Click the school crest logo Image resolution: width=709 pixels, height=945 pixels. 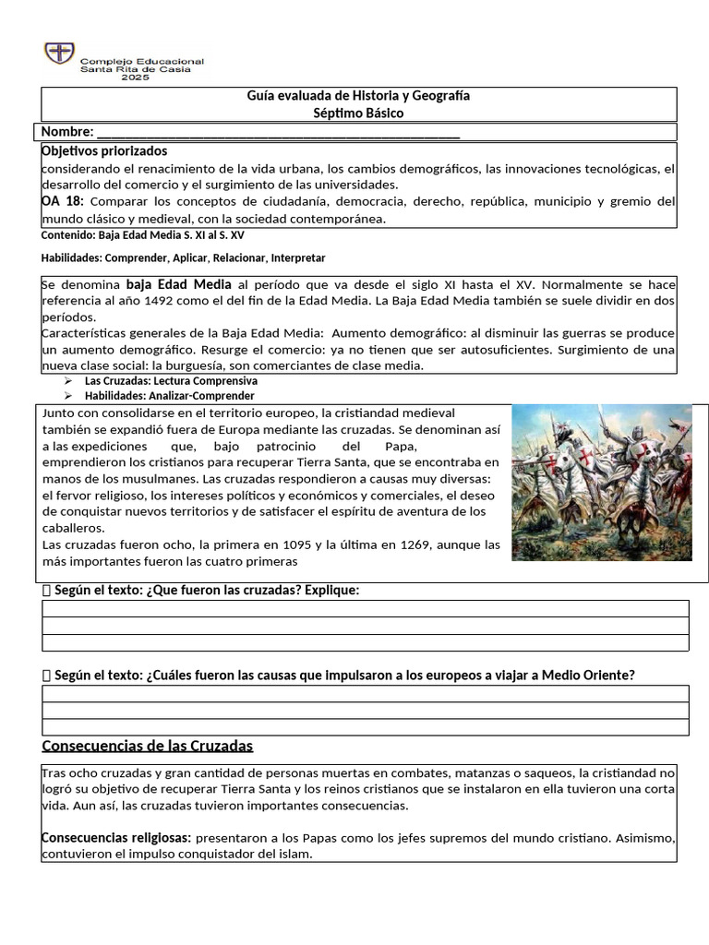click(60, 54)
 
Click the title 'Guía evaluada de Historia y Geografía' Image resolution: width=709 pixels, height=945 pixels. click(358, 96)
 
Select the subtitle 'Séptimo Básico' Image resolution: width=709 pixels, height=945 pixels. click(358, 114)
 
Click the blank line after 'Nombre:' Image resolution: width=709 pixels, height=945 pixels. click(277, 132)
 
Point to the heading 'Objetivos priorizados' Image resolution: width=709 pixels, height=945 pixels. click(104, 150)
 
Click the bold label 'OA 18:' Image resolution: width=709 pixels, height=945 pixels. click(63, 201)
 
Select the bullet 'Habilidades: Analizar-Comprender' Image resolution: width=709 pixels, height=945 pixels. click(169, 395)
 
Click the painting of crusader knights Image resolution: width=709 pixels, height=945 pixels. click(601, 482)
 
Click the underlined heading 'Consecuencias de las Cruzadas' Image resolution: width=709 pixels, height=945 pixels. click(148, 745)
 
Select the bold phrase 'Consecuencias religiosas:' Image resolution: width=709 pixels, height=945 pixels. click(116, 837)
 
